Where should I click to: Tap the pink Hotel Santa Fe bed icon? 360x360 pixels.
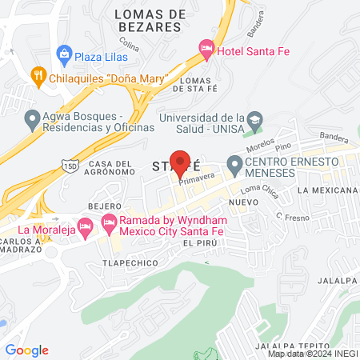click(207, 51)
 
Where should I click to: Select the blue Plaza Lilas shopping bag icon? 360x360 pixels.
click(64, 56)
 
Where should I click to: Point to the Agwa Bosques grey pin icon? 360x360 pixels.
click(33, 120)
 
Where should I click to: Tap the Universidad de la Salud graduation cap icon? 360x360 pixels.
click(254, 120)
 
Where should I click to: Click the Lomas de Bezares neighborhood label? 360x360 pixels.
click(150, 20)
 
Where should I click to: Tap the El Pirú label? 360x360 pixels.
click(200, 242)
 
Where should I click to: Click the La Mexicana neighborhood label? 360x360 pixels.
click(326, 191)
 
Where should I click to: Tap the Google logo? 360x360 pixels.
click(26, 350)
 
